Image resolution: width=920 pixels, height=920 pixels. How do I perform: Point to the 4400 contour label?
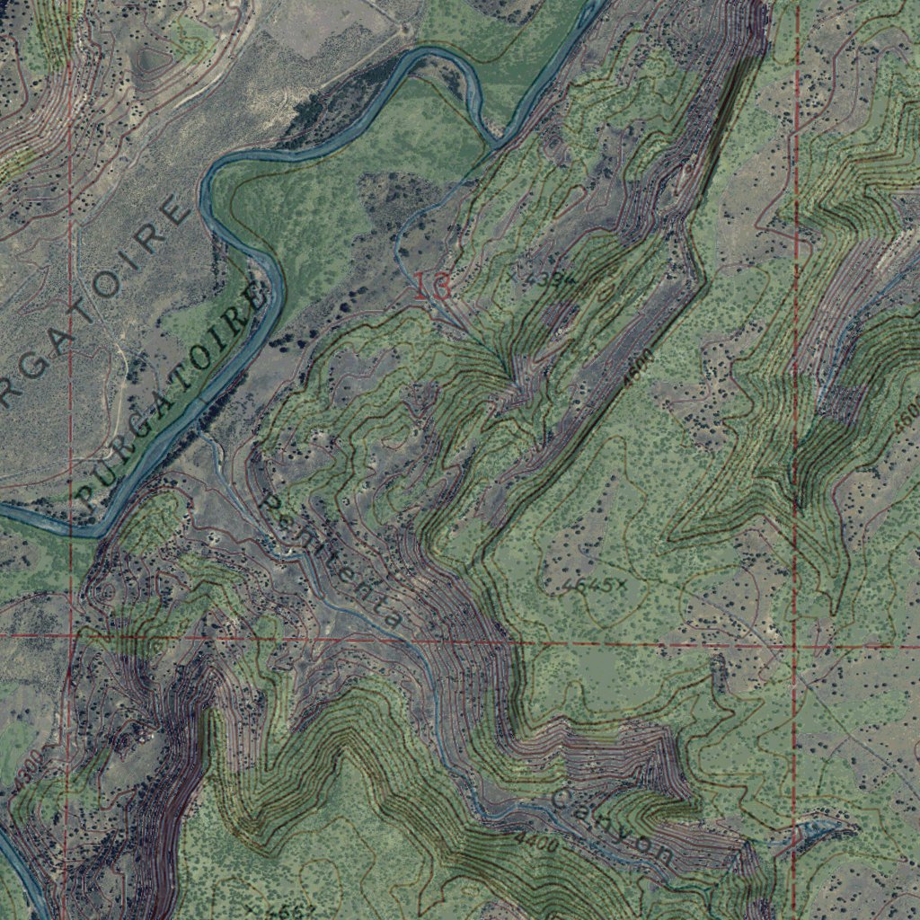[536, 843]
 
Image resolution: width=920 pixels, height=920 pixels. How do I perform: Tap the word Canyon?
[612, 827]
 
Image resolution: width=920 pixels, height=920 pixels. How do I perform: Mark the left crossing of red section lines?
[69, 635]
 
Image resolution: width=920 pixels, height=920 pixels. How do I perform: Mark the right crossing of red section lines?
[795, 646]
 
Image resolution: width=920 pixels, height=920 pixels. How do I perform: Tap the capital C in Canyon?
[563, 798]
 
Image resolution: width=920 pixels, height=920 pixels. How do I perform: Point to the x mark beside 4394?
[514, 278]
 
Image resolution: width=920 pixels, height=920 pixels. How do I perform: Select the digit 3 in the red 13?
[441, 287]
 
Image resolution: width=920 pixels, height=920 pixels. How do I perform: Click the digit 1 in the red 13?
[422, 287]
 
